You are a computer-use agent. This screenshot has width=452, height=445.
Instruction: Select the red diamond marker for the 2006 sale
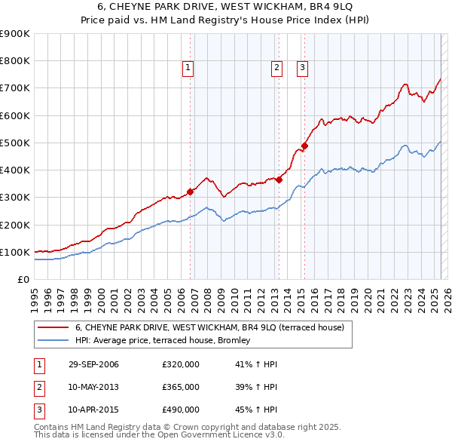(191, 192)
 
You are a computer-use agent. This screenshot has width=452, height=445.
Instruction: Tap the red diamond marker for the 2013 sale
(279, 180)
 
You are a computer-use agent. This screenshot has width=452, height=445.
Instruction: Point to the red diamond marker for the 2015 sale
(304, 146)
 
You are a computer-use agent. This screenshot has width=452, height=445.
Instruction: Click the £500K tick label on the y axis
(15, 143)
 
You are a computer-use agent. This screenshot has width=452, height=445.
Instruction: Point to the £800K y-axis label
(15, 61)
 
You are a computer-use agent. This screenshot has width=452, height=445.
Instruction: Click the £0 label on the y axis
(23, 279)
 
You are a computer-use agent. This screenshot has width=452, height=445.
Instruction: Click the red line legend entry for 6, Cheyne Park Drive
(209, 327)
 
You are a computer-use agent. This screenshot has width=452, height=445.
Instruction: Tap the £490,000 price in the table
(181, 410)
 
